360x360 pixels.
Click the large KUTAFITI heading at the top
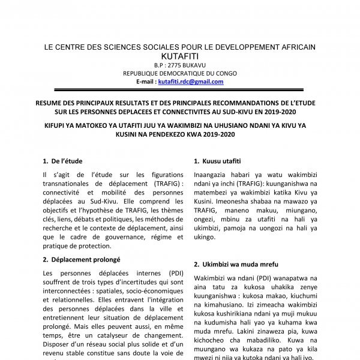[180, 56]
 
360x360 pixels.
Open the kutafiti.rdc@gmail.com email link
[190, 82]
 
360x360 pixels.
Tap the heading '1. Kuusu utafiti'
[218, 161]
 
